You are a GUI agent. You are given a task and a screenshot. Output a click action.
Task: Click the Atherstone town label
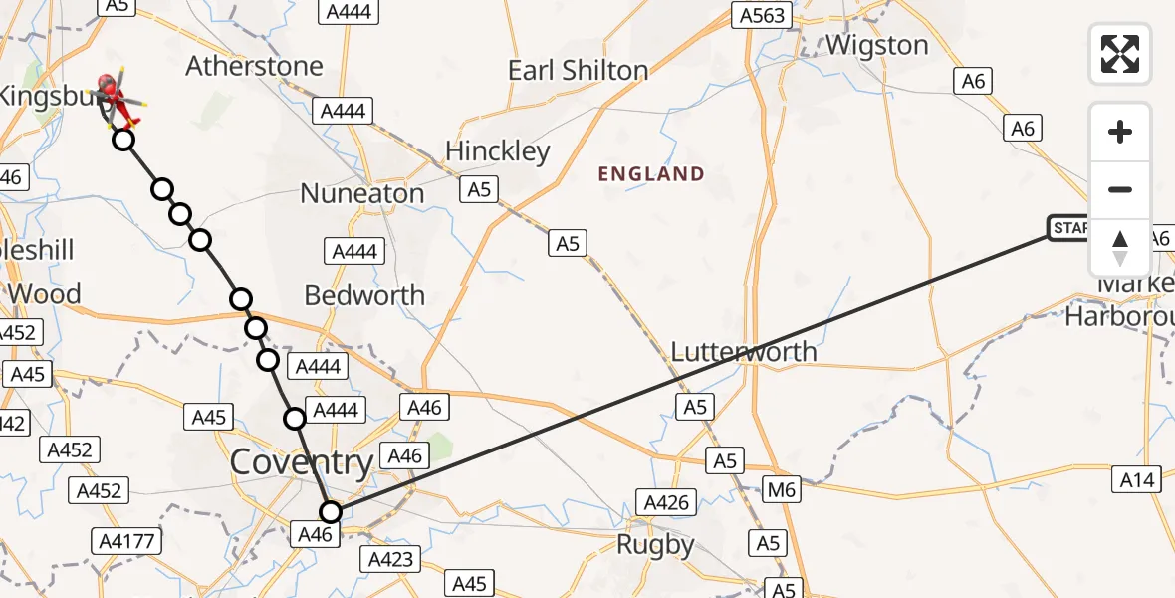(255, 67)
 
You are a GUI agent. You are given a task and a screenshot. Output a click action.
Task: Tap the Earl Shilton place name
(578, 71)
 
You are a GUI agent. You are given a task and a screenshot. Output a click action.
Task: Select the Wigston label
(876, 46)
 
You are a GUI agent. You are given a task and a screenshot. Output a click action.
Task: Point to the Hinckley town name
(498, 151)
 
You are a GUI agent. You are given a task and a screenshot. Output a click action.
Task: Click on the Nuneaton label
(362, 193)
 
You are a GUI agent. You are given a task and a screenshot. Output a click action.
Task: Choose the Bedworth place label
(364, 295)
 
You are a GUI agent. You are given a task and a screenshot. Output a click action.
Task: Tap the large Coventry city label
(302, 462)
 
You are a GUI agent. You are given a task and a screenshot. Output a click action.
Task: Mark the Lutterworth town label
(744, 352)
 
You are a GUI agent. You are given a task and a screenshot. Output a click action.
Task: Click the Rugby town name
(654, 545)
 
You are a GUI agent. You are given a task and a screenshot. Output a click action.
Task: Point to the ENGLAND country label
(651, 174)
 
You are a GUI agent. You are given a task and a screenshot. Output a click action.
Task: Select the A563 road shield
(762, 15)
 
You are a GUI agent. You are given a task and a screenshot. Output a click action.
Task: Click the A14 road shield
(1136, 480)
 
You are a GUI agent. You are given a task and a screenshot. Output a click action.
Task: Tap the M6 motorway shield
(783, 489)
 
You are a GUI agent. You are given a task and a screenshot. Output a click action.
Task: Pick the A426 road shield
(666, 502)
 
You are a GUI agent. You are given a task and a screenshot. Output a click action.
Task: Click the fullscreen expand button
(1120, 53)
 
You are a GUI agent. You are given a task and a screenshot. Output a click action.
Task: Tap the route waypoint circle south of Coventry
(331, 512)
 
